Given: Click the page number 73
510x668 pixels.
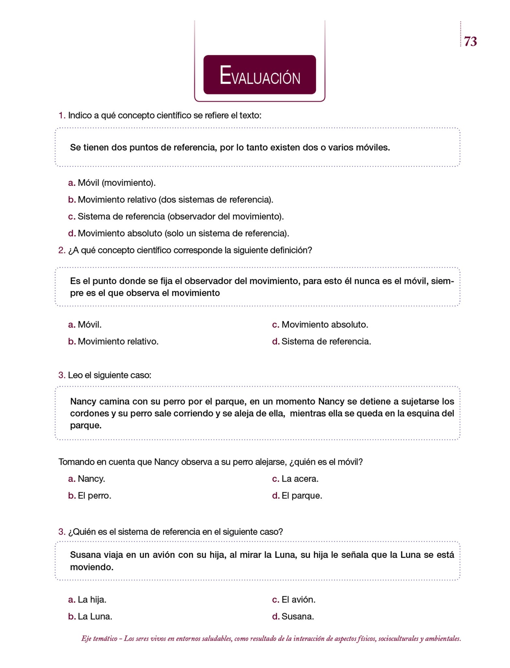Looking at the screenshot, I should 470,41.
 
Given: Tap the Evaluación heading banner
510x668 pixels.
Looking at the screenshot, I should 260,75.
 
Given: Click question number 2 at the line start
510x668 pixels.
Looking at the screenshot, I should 62,250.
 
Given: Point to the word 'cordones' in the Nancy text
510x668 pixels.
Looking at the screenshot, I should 89,414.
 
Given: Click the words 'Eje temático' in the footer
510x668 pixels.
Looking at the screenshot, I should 99,639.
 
